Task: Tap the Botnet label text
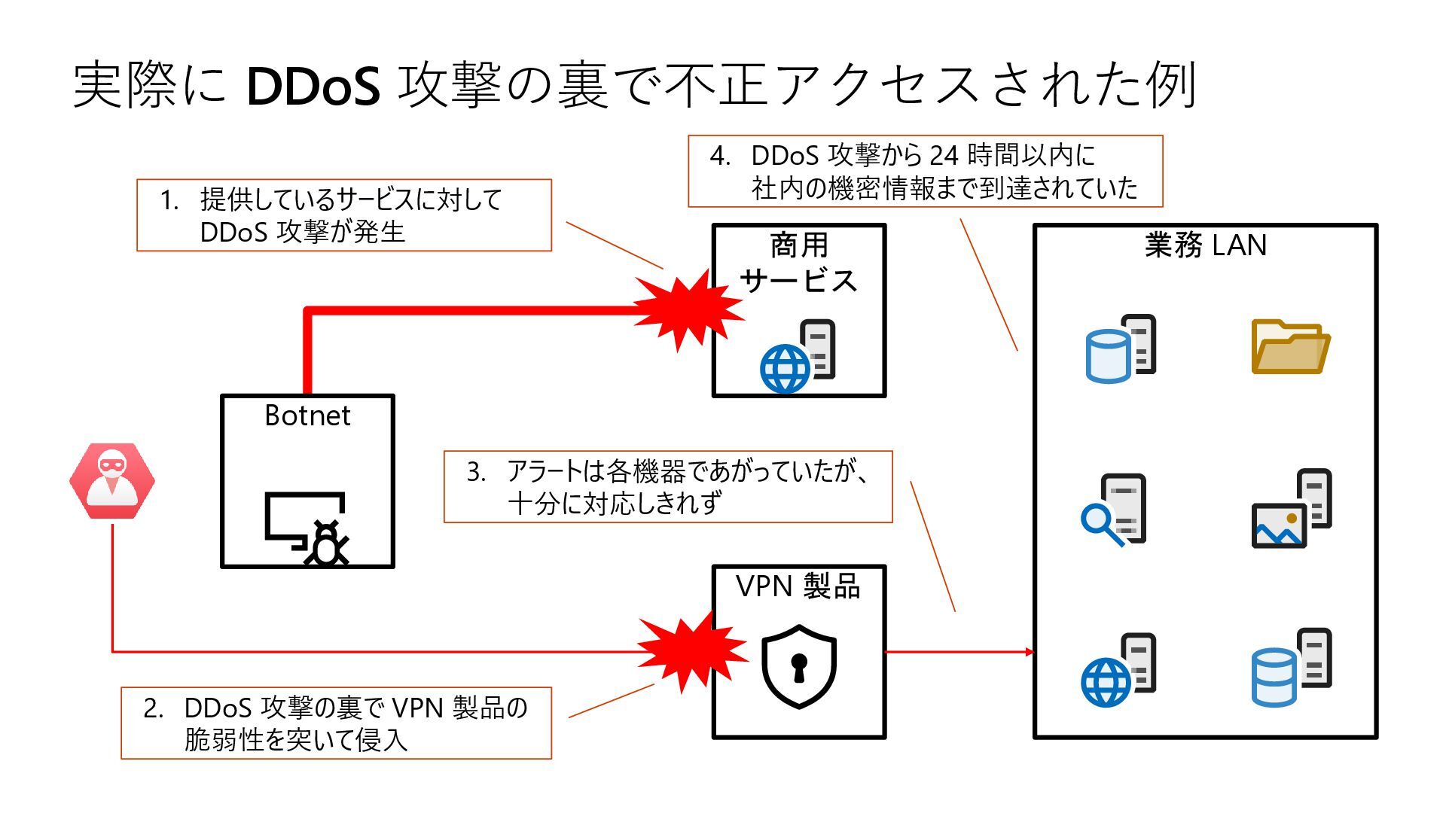307,416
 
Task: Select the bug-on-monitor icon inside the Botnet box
308,528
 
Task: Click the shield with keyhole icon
798,666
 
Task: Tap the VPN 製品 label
798,586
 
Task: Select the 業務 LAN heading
1205,245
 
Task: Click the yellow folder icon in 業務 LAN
1290,346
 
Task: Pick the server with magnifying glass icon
1114,510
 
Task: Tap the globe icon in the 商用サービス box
785,369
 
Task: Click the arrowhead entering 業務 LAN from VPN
1029,651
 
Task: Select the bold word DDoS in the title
313,85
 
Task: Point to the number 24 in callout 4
944,155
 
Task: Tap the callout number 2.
153,708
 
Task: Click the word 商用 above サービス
798,245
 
